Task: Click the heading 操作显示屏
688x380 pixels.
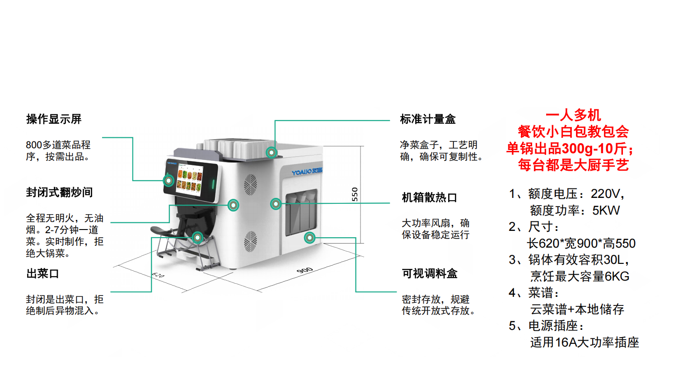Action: point(54,119)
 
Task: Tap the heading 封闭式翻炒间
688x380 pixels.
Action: point(59,192)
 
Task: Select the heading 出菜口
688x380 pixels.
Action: point(43,273)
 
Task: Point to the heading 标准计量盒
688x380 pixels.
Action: point(427,119)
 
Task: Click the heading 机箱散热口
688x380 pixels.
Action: point(430,197)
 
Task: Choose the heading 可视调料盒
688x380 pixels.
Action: point(430,273)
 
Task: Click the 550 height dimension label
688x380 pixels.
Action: point(355,194)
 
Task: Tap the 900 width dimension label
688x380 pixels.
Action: point(304,270)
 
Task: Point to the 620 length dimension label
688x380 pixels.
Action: point(158,275)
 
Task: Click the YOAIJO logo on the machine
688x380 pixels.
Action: point(307,171)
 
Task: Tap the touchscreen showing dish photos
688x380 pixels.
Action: point(190,180)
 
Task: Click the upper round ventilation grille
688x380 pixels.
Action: point(250,185)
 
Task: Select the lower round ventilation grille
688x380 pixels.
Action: point(251,241)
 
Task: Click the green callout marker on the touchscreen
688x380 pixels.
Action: point(168,181)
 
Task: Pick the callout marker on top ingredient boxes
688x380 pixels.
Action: point(271,152)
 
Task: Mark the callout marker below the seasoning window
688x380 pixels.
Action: point(309,238)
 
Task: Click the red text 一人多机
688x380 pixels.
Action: point(573,116)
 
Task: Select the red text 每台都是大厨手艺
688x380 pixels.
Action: point(573,165)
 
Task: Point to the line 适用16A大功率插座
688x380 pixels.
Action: point(585,342)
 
